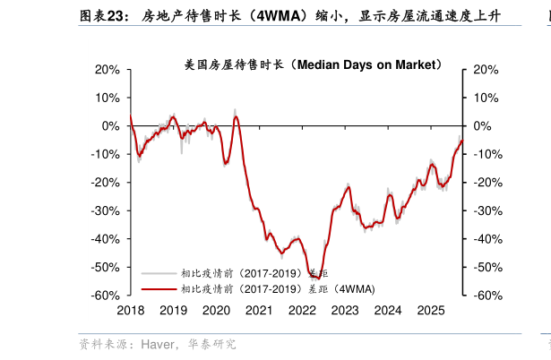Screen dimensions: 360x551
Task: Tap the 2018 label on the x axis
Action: click(131, 310)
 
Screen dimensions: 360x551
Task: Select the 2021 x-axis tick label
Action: click(259, 310)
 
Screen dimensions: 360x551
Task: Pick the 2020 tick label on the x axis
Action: click(216, 310)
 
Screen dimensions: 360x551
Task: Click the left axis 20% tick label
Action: click(108, 70)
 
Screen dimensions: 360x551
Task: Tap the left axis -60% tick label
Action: click(106, 296)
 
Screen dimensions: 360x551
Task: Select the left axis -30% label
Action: click(106, 211)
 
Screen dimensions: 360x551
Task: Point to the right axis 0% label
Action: click(481, 126)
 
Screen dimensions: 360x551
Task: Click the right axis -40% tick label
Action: click(484, 239)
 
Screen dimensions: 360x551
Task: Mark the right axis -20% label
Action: click(484, 183)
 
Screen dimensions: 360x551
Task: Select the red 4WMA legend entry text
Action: click(278, 288)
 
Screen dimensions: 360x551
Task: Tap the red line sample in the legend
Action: click(159, 288)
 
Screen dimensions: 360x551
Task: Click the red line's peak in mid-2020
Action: click(237, 116)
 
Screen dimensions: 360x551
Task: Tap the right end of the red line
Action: click(462, 140)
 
